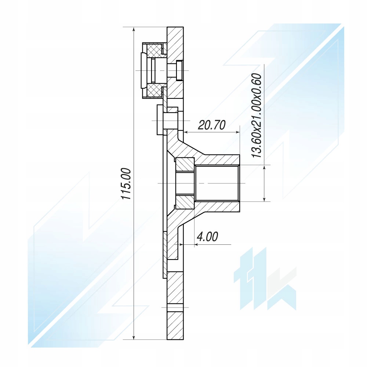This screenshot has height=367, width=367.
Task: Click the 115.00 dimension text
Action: [x=126, y=183]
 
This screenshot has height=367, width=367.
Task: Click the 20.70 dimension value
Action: [x=212, y=125]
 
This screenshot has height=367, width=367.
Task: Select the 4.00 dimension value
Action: [x=207, y=237]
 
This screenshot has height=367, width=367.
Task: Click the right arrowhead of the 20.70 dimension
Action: [x=237, y=132]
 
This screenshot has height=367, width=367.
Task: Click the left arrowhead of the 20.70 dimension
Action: [x=186, y=132]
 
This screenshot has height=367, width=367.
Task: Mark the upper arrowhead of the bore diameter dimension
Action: [x=264, y=168]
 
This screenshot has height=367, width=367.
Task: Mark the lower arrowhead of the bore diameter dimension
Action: [x=264, y=199]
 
